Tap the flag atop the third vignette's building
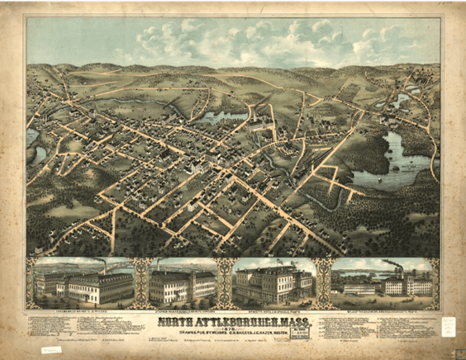point(273,263)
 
